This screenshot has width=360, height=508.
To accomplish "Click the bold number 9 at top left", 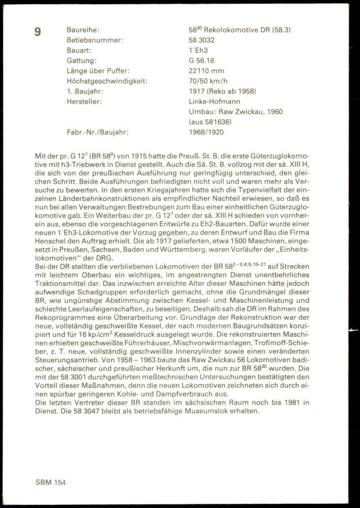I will [x=38, y=31].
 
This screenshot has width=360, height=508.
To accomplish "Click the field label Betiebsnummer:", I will [x=94, y=40].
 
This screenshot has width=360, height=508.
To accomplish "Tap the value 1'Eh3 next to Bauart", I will [x=198, y=50].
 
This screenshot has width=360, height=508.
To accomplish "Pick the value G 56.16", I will [x=201, y=61].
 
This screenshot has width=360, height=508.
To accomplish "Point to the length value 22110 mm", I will [x=207, y=71].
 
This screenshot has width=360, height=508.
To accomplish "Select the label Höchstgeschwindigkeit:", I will [x=107, y=81].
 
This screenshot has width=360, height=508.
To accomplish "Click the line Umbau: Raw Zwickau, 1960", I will [x=235, y=111].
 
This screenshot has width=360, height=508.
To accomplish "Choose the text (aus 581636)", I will [x=210, y=121].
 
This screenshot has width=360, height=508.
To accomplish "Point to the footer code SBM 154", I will [x=50, y=481].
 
